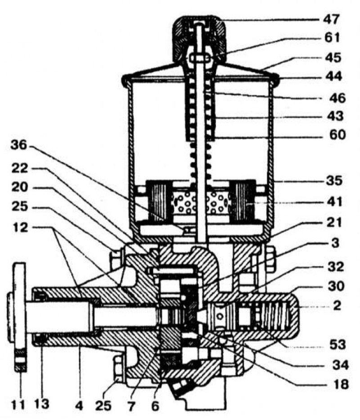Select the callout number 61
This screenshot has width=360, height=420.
click(333, 38)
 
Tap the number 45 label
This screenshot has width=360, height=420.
click(333, 58)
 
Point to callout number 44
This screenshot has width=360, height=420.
click(333, 77)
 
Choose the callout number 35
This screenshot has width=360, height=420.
click(333, 181)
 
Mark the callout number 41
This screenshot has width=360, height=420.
click(333, 202)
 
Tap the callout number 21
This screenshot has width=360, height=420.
click(333, 222)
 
